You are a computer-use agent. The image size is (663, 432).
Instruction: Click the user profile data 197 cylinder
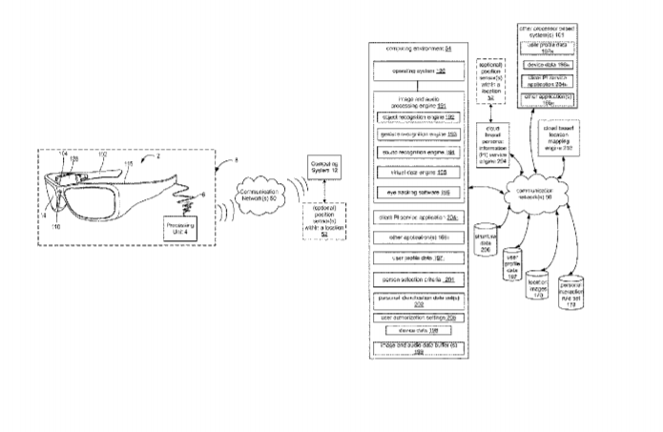(511, 268)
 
